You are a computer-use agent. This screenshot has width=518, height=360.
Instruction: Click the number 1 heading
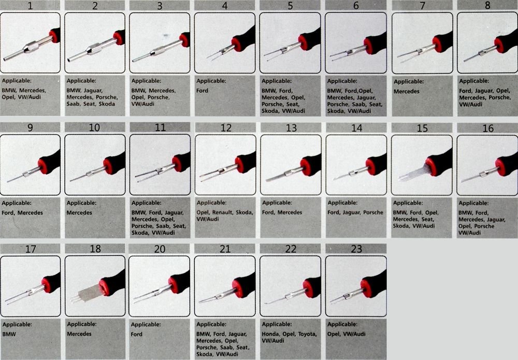pyautogui.click(x=30, y=6)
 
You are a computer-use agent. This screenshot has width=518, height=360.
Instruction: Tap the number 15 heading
pyautogui.click(x=422, y=128)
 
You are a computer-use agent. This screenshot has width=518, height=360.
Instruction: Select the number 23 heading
pyautogui.click(x=356, y=249)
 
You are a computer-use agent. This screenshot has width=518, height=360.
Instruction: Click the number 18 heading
pyautogui.click(x=95, y=249)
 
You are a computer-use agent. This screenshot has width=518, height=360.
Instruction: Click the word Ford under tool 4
pyautogui.click(x=203, y=91)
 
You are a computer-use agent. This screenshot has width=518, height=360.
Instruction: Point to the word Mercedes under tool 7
pyautogui.click(x=407, y=92)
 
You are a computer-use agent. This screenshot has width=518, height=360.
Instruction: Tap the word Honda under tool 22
pyautogui.click(x=270, y=334)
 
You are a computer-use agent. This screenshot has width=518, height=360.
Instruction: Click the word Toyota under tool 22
pyautogui.click(x=307, y=334)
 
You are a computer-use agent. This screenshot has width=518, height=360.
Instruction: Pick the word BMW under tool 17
pyautogui.click(x=9, y=334)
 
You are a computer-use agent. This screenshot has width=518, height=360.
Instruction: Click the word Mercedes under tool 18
pyautogui.click(x=79, y=334)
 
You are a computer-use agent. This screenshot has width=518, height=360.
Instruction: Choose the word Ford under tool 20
pyautogui.click(x=136, y=334)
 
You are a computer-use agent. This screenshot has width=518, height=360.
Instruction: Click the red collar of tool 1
pyautogui.click(x=54, y=36)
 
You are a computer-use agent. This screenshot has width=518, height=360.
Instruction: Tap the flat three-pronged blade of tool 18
pyautogui.click(x=85, y=294)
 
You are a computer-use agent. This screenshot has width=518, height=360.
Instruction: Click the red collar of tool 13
pyautogui.click(x=306, y=167)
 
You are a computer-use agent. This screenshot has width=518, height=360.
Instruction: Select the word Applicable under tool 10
pyautogui.click(x=82, y=203)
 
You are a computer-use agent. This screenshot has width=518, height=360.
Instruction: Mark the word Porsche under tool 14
pyautogui.click(x=373, y=213)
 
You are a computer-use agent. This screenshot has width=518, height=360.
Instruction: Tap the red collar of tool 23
pyautogui.click(x=366, y=288)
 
